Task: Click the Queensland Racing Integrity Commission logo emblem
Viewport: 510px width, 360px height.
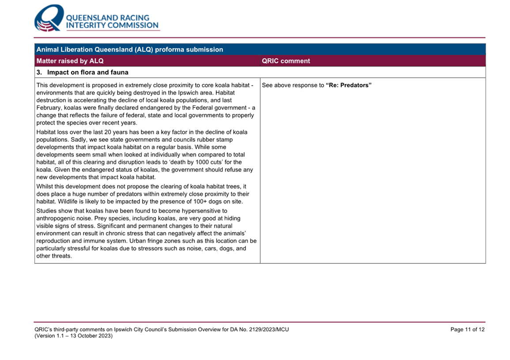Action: (x=49, y=19)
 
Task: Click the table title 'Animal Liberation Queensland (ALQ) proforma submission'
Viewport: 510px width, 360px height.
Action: (x=129, y=49)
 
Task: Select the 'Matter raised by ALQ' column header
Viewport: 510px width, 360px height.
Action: (x=70, y=61)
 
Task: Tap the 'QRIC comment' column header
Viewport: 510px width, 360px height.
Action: (x=286, y=61)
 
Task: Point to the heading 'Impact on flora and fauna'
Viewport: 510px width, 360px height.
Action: (x=87, y=72)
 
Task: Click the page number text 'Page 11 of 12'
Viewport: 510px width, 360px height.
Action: (x=467, y=330)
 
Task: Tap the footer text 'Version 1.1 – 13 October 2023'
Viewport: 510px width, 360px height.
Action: (x=74, y=336)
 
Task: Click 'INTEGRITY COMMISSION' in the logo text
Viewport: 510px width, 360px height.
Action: (x=112, y=25)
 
